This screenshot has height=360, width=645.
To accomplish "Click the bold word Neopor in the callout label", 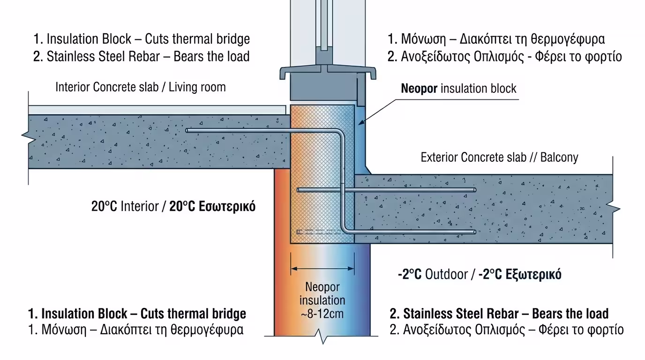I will tap(420, 88).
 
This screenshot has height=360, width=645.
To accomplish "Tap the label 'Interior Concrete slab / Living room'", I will tap(140, 87).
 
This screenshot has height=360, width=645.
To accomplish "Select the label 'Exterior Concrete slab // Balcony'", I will tap(499, 157).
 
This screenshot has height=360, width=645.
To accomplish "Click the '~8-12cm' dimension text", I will tap(322, 313).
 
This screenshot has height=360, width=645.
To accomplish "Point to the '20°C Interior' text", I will tap(125, 206).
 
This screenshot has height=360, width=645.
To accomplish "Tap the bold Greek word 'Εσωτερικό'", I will tap(227, 206).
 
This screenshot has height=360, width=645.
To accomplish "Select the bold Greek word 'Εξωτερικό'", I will tap(533, 274).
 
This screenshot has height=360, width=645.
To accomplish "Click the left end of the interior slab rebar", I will tap(187, 131).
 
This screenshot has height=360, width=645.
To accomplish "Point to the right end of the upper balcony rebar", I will tap(474, 190).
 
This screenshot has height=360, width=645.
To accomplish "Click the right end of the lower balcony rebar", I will tap(474, 232).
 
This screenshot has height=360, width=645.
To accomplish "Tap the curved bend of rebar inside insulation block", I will tap(340, 134).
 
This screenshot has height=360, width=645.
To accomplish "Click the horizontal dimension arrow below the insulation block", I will tap(322, 269).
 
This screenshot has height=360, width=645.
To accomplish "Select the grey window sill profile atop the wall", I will tap(328, 73).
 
